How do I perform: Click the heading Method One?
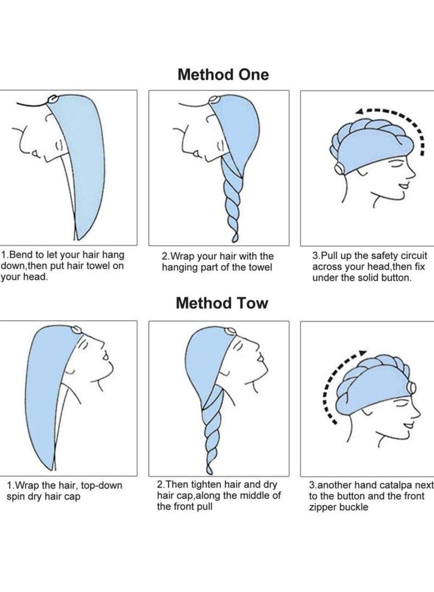(x=223, y=74)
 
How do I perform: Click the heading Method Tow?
(x=222, y=303)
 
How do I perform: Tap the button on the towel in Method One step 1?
(x=52, y=99)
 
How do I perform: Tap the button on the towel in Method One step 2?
(x=214, y=100)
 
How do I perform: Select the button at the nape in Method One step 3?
(x=339, y=168)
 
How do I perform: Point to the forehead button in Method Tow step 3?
(x=411, y=387)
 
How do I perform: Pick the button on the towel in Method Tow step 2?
(x=229, y=332)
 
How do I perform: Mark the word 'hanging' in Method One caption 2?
(x=177, y=268)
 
